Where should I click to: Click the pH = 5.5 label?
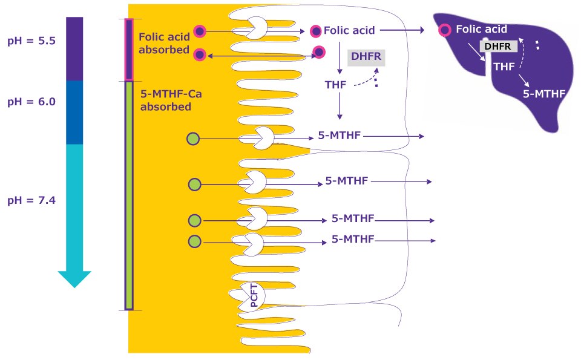(x=31, y=41)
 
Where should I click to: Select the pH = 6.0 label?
(x=31, y=102)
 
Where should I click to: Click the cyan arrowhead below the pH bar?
(x=74, y=278)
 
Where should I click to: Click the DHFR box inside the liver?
(x=498, y=46)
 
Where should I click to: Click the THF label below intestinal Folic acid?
(x=335, y=84)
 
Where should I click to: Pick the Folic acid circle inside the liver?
(x=445, y=29)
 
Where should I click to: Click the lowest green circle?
(x=194, y=241)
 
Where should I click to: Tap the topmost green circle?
(x=193, y=139)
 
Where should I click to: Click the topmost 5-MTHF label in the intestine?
(x=339, y=136)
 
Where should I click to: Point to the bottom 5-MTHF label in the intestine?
(x=353, y=239)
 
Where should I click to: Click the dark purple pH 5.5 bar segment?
(x=74, y=48)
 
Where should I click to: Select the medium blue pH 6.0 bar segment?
(x=74, y=112)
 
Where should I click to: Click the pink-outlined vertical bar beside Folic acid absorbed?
(x=128, y=50)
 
